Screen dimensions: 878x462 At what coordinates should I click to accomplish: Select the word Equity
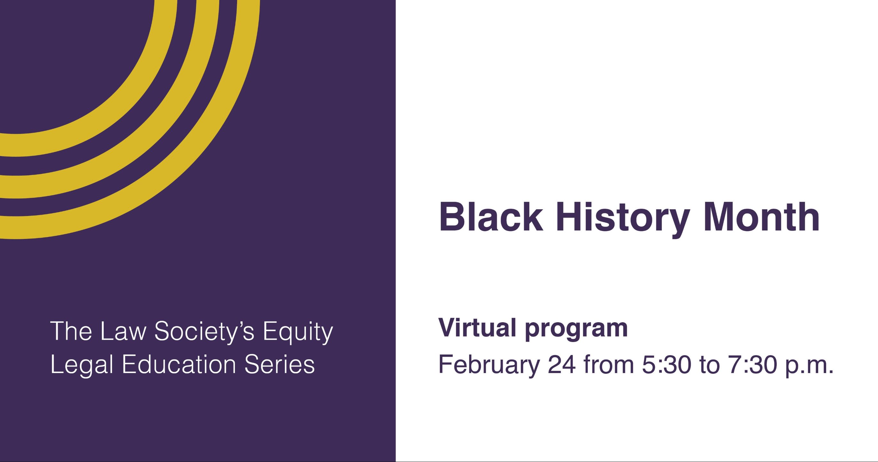298,333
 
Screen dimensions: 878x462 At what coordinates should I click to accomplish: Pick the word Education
179,364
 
